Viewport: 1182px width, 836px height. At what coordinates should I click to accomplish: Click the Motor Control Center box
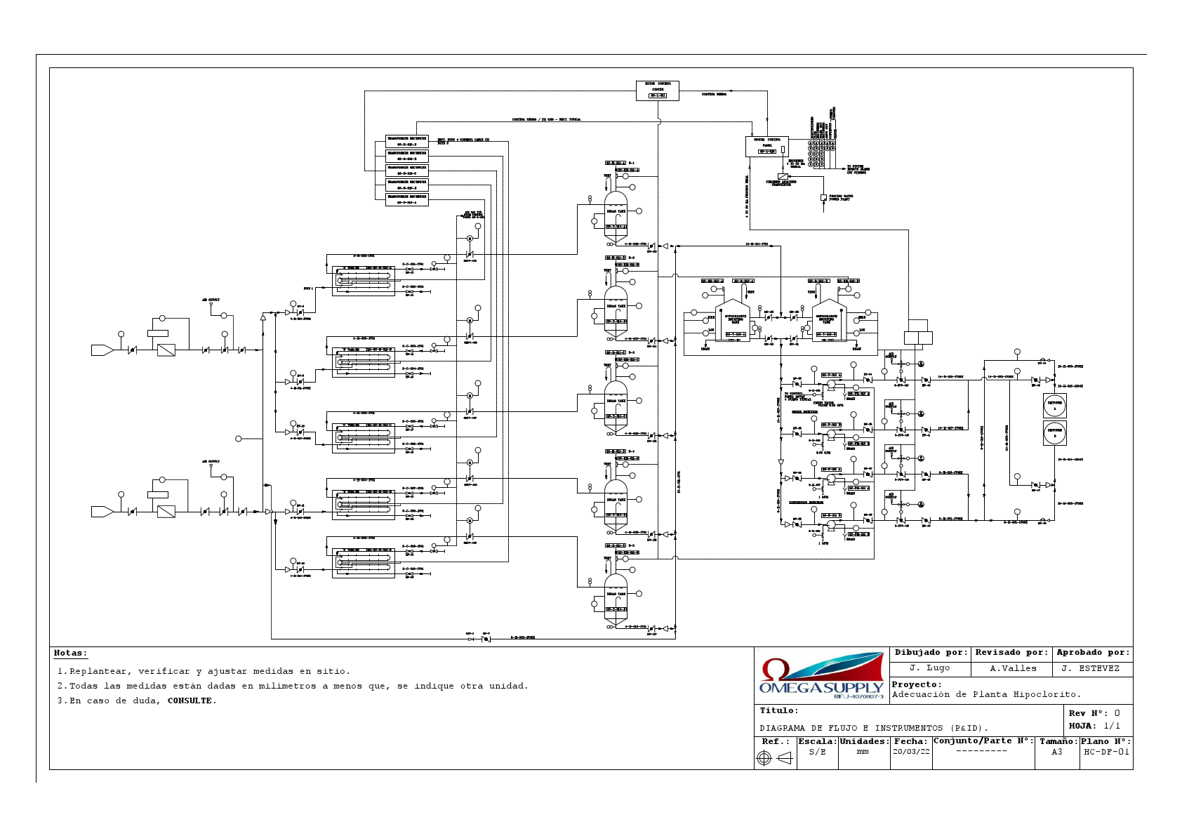[x=657, y=91]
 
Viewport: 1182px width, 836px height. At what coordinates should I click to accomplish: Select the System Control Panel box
[x=766, y=146]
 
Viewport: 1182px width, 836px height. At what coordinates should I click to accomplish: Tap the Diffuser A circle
[x=1054, y=405]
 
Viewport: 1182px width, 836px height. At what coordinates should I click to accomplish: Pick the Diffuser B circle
[x=1054, y=433]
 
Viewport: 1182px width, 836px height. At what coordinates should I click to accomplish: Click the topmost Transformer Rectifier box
[x=406, y=142]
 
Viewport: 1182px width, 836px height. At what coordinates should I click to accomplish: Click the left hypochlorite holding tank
[x=733, y=322]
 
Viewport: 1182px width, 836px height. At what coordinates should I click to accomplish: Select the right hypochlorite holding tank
[x=828, y=322]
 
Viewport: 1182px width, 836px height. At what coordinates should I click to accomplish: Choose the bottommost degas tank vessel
[x=616, y=599]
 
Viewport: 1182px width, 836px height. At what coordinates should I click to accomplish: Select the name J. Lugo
[x=929, y=668]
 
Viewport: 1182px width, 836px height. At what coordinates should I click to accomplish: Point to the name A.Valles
[x=1013, y=668]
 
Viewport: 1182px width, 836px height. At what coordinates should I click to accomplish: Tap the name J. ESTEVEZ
[x=1090, y=668]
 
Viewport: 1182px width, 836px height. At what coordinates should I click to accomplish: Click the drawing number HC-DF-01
[x=1106, y=752]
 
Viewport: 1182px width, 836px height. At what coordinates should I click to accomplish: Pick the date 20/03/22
[x=910, y=752]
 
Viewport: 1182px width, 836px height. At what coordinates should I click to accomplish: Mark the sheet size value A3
[x=1056, y=752]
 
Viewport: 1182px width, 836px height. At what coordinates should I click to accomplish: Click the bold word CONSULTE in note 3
[x=190, y=701]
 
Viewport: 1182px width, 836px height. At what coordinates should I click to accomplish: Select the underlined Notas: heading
[x=70, y=653]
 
